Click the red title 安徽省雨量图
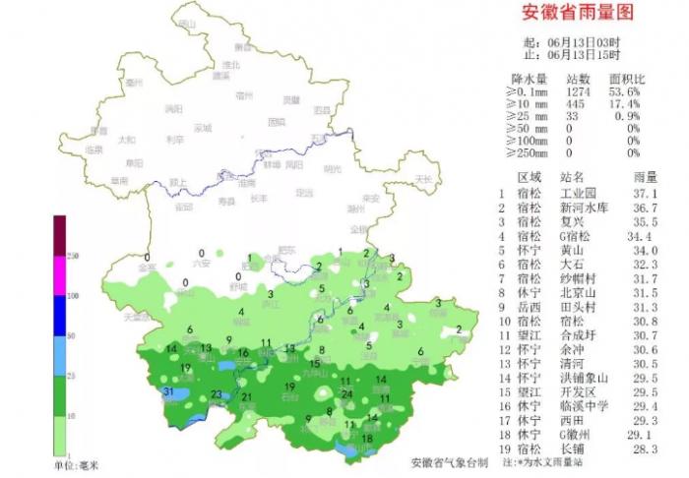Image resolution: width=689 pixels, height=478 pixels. [x=576, y=13]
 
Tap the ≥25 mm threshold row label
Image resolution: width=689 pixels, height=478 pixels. [x=526, y=116]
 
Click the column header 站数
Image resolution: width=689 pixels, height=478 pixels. [x=579, y=78]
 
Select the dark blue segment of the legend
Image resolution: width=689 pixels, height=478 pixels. [x=59, y=314]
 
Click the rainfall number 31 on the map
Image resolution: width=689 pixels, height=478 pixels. [x=168, y=391]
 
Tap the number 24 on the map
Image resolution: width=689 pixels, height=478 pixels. [x=346, y=394]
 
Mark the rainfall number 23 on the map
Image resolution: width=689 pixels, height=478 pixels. [x=217, y=394]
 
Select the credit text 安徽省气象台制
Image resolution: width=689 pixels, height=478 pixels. [x=449, y=461]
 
